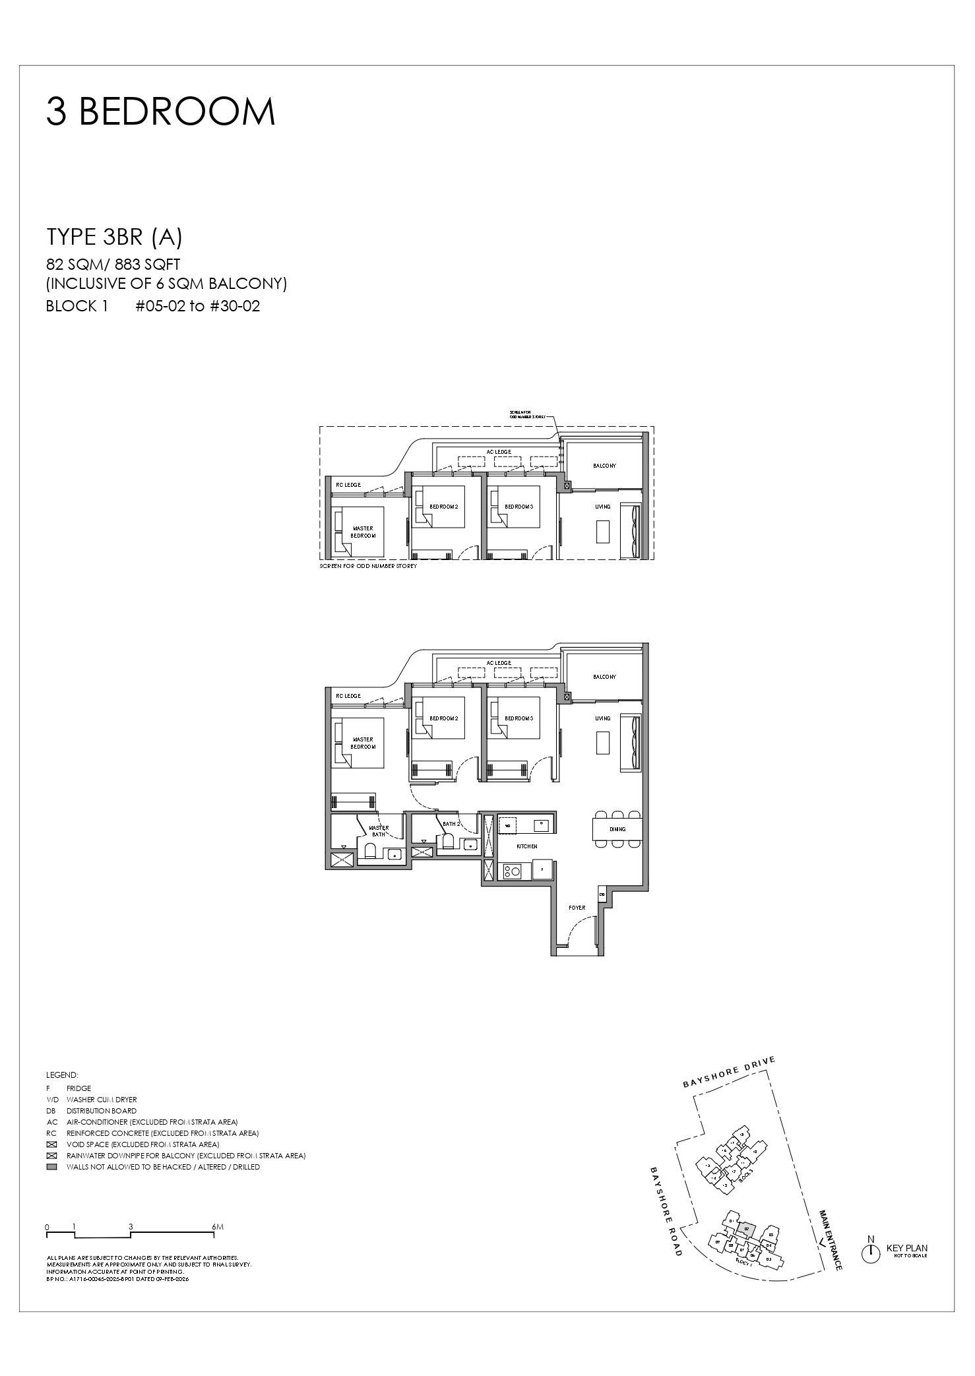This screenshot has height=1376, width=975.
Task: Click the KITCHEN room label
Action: pyautogui.click(x=526, y=846)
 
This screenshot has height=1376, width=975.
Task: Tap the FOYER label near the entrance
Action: pyautogui.click(x=577, y=908)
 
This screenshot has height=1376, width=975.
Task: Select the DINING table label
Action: pyautogui.click(x=617, y=829)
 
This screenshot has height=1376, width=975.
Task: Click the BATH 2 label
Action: pyautogui.click(x=451, y=824)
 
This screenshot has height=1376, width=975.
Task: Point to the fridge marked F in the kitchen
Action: pyautogui.click(x=542, y=870)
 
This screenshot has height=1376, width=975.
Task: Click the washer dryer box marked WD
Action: pyautogui.click(x=508, y=825)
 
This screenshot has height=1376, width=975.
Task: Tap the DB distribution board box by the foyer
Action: pyautogui.click(x=602, y=894)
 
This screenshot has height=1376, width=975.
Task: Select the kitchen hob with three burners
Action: pyautogui.click(x=512, y=871)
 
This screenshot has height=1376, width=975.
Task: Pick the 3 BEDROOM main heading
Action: pyautogui.click(x=160, y=111)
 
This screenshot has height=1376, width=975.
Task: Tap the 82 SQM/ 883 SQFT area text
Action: pyautogui.click(x=113, y=265)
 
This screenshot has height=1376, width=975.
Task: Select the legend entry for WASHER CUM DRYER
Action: pyautogui.click(x=102, y=1100)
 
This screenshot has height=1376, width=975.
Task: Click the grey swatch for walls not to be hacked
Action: pyautogui.click(x=52, y=1167)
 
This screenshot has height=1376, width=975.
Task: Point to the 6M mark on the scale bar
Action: pyautogui.click(x=218, y=1227)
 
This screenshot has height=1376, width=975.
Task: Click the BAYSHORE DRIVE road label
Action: pyautogui.click(x=729, y=1072)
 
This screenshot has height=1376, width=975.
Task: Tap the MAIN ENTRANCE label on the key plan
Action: pyautogui.click(x=830, y=1239)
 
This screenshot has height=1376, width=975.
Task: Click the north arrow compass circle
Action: pyautogui.click(x=871, y=1254)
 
